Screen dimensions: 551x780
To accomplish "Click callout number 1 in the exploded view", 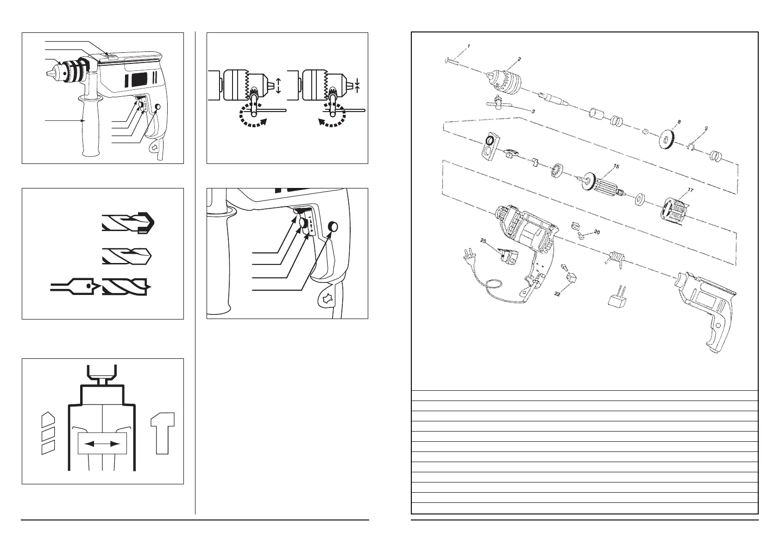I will [x=469, y=46].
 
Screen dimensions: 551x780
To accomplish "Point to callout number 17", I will [x=691, y=189].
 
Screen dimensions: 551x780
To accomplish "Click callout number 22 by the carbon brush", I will [x=557, y=294].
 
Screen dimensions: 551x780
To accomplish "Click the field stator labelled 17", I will [x=674, y=211].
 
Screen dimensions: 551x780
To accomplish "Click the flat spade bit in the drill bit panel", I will [x=74, y=287].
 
